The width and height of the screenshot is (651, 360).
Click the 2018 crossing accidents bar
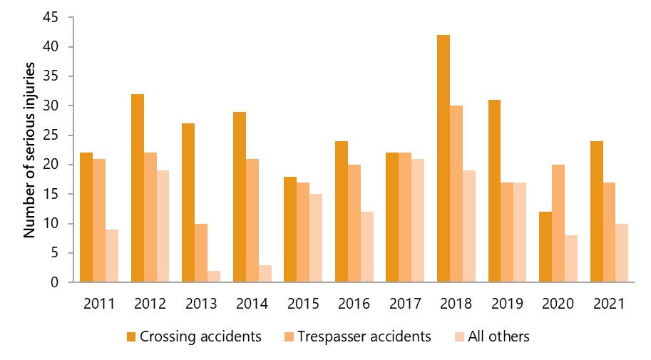coord(444,158)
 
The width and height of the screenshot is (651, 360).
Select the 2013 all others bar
coord(214,277)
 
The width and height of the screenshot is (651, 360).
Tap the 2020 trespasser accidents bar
coord(558,223)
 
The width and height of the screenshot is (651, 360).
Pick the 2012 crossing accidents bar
coord(137,188)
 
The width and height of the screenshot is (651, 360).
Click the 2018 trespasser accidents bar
coord(456,194)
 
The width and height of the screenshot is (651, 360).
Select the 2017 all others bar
coord(418,220)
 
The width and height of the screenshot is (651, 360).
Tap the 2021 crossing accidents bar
coord(597,211)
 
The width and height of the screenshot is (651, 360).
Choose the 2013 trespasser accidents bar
coord(201,253)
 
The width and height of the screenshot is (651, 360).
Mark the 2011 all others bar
coord(111,256)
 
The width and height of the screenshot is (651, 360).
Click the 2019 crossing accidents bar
coord(494,191)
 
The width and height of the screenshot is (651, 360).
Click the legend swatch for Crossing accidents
coord(130,336)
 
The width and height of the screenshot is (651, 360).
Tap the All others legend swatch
coord(458,336)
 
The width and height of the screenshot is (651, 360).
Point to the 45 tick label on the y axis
coord(55,18)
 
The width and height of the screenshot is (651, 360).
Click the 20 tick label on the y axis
coord(55,165)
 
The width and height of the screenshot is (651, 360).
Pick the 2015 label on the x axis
coord(303,303)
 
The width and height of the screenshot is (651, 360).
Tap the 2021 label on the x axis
coord(610,303)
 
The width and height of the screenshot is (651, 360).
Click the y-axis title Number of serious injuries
coord(30,150)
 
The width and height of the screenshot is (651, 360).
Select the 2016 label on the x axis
coord(354,303)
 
